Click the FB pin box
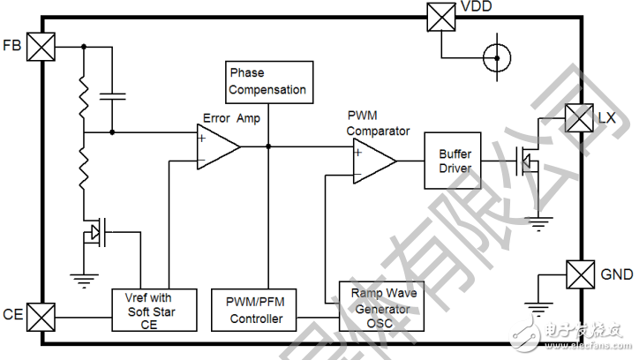[41, 46]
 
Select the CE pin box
[41, 315]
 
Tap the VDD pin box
[440, 17]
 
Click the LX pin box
[579, 117]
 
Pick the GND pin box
[579, 274]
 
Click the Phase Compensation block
[268, 81]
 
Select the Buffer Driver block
[455, 161]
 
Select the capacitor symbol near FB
[112, 93]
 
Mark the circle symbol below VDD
[496, 58]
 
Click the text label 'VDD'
[477, 8]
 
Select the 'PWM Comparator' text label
[378, 124]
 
